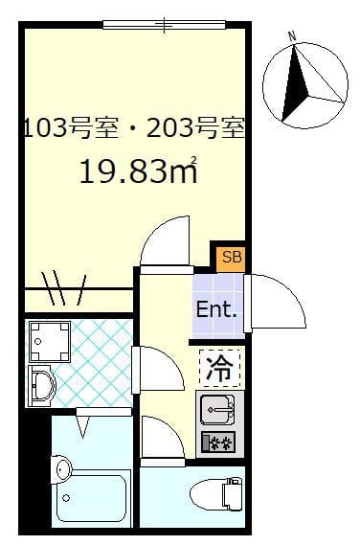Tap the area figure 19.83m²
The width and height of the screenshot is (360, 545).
pos(139,171)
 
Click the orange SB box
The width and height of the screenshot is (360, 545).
pos(232,257)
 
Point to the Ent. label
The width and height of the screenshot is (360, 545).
pos(217,310)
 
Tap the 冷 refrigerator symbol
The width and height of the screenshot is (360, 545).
pos(221,366)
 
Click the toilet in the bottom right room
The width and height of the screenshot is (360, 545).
pos(215,495)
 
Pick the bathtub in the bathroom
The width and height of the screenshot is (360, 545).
pos(94,496)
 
